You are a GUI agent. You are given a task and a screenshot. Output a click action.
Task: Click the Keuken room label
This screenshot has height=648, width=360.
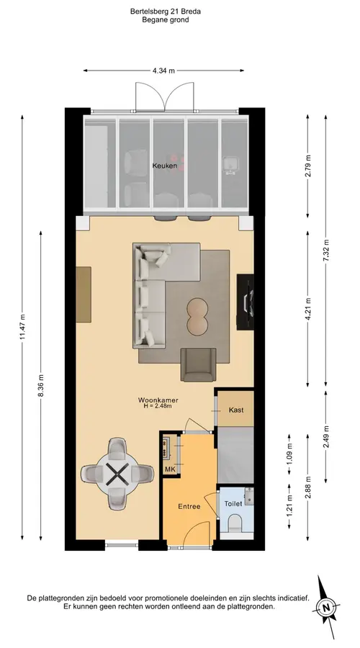164,166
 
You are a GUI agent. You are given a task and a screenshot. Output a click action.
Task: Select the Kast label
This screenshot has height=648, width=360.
236,410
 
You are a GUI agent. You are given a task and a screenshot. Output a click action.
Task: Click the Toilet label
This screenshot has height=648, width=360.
233,504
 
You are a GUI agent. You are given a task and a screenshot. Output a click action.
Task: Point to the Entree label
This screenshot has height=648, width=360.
189,506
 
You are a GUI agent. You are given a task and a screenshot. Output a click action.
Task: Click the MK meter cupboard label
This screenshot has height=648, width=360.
171,469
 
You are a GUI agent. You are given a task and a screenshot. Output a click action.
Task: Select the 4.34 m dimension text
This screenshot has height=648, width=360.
163,71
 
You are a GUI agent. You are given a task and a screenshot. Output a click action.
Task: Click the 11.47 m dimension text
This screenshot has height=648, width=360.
22,326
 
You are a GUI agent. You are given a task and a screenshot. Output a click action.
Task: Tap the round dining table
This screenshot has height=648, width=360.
117,474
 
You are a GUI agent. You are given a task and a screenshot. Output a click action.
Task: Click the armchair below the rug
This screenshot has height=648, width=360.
199,364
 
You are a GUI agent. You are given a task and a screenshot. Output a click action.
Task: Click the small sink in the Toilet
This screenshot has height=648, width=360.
249,496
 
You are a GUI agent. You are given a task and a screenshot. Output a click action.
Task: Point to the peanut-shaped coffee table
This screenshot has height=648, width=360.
198,316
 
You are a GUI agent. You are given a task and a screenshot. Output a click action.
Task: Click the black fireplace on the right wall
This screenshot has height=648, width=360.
245,302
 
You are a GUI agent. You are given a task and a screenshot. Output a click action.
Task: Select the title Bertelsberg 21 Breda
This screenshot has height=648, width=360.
166,12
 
